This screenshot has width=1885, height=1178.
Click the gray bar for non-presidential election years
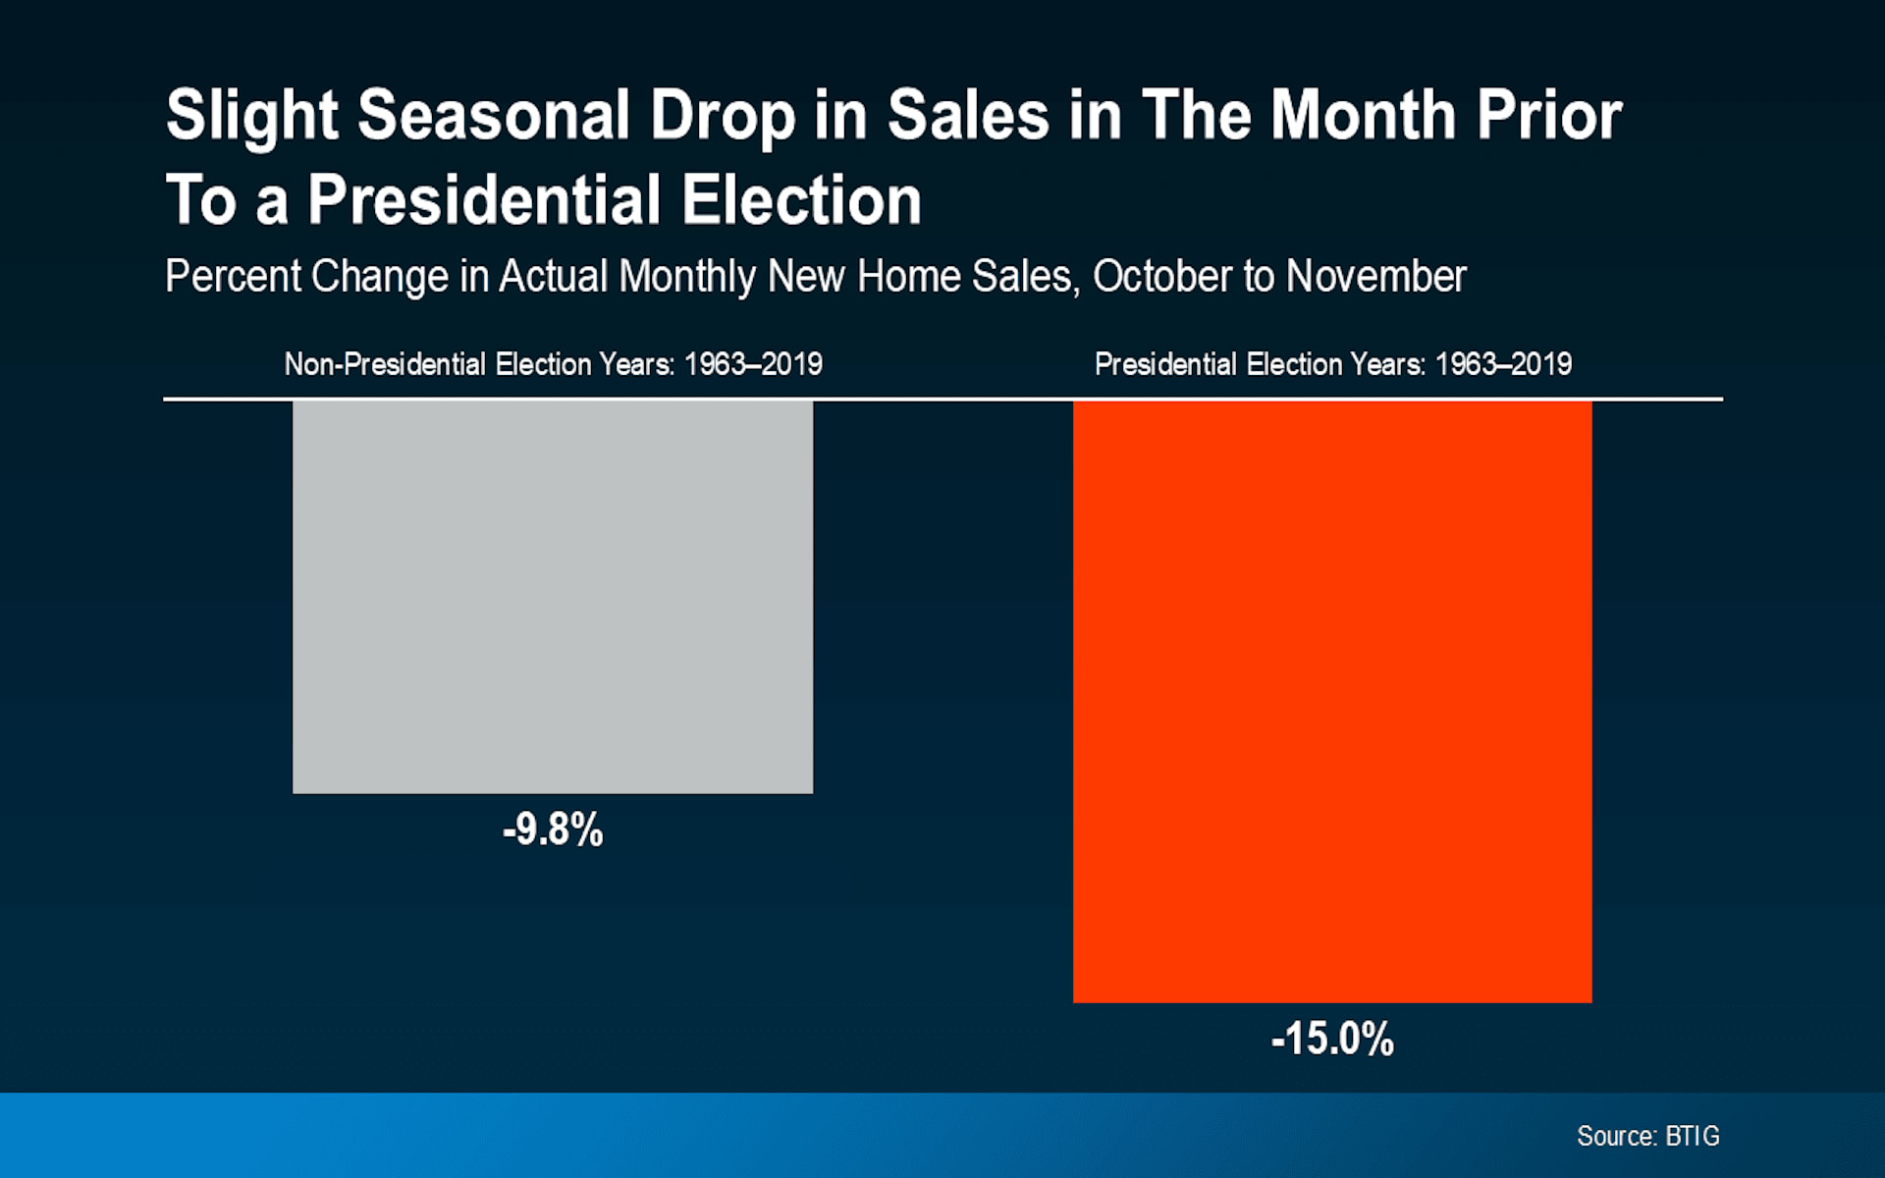[553, 597]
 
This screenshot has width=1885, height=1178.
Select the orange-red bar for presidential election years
[1332, 701]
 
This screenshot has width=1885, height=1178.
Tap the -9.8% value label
[553, 830]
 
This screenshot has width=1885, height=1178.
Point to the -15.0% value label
[1332, 1039]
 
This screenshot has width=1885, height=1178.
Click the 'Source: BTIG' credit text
[1647, 1136]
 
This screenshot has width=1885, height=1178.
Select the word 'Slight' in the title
[252, 116]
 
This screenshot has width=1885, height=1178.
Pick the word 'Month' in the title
[1363, 116]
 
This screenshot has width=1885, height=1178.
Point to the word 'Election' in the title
[801, 200]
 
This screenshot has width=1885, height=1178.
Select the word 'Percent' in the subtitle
[232, 276]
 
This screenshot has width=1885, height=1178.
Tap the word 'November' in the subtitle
[1375, 276]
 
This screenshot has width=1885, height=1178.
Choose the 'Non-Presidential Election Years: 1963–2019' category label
[553, 364]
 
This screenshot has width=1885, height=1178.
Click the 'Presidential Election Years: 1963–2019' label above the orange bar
[1332, 364]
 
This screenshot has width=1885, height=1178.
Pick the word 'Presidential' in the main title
[485, 200]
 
